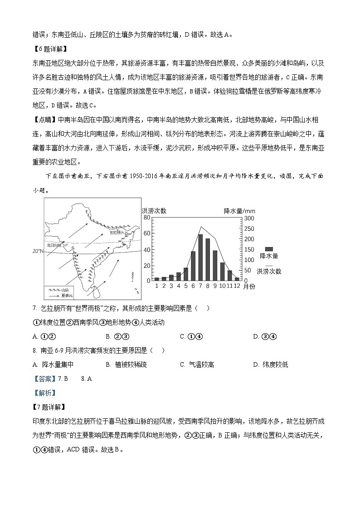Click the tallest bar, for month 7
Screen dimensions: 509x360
pos(200,257)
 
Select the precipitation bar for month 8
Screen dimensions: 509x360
pos(208,260)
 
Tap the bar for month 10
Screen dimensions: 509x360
pos(222,271)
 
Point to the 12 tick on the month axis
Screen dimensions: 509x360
pos(237,286)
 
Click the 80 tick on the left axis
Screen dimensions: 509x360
pos(146,218)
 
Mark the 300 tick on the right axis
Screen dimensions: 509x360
pos(248,218)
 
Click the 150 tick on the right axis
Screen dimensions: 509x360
pos(248,249)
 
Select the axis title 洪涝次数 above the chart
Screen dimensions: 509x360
pos(154,210)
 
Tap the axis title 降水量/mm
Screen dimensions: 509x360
pos(239,210)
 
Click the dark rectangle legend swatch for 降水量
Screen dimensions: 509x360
pos(269,249)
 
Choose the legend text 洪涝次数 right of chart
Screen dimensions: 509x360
pos(269,271)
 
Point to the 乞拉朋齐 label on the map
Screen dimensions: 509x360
pos(117,231)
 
